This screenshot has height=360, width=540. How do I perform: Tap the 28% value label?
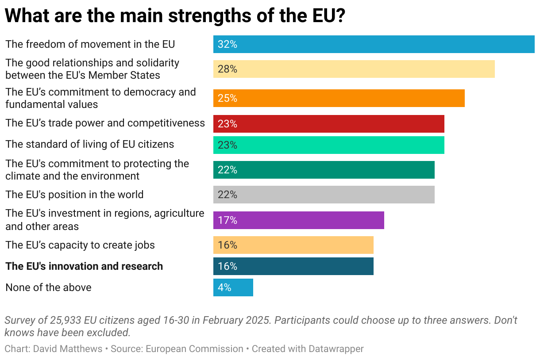pyautogui.click(x=228, y=69)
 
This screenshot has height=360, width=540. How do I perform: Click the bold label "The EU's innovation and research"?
pyautogui.click(x=84, y=266)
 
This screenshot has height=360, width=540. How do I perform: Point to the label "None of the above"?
pyautogui.click(x=48, y=287)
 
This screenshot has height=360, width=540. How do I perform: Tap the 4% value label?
pyautogui.click(x=224, y=287)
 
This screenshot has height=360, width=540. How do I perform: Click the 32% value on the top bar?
pyautogui.click(x=228, y=44)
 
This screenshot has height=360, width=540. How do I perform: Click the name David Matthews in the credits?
pyautogui.click(x=68, y=349)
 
